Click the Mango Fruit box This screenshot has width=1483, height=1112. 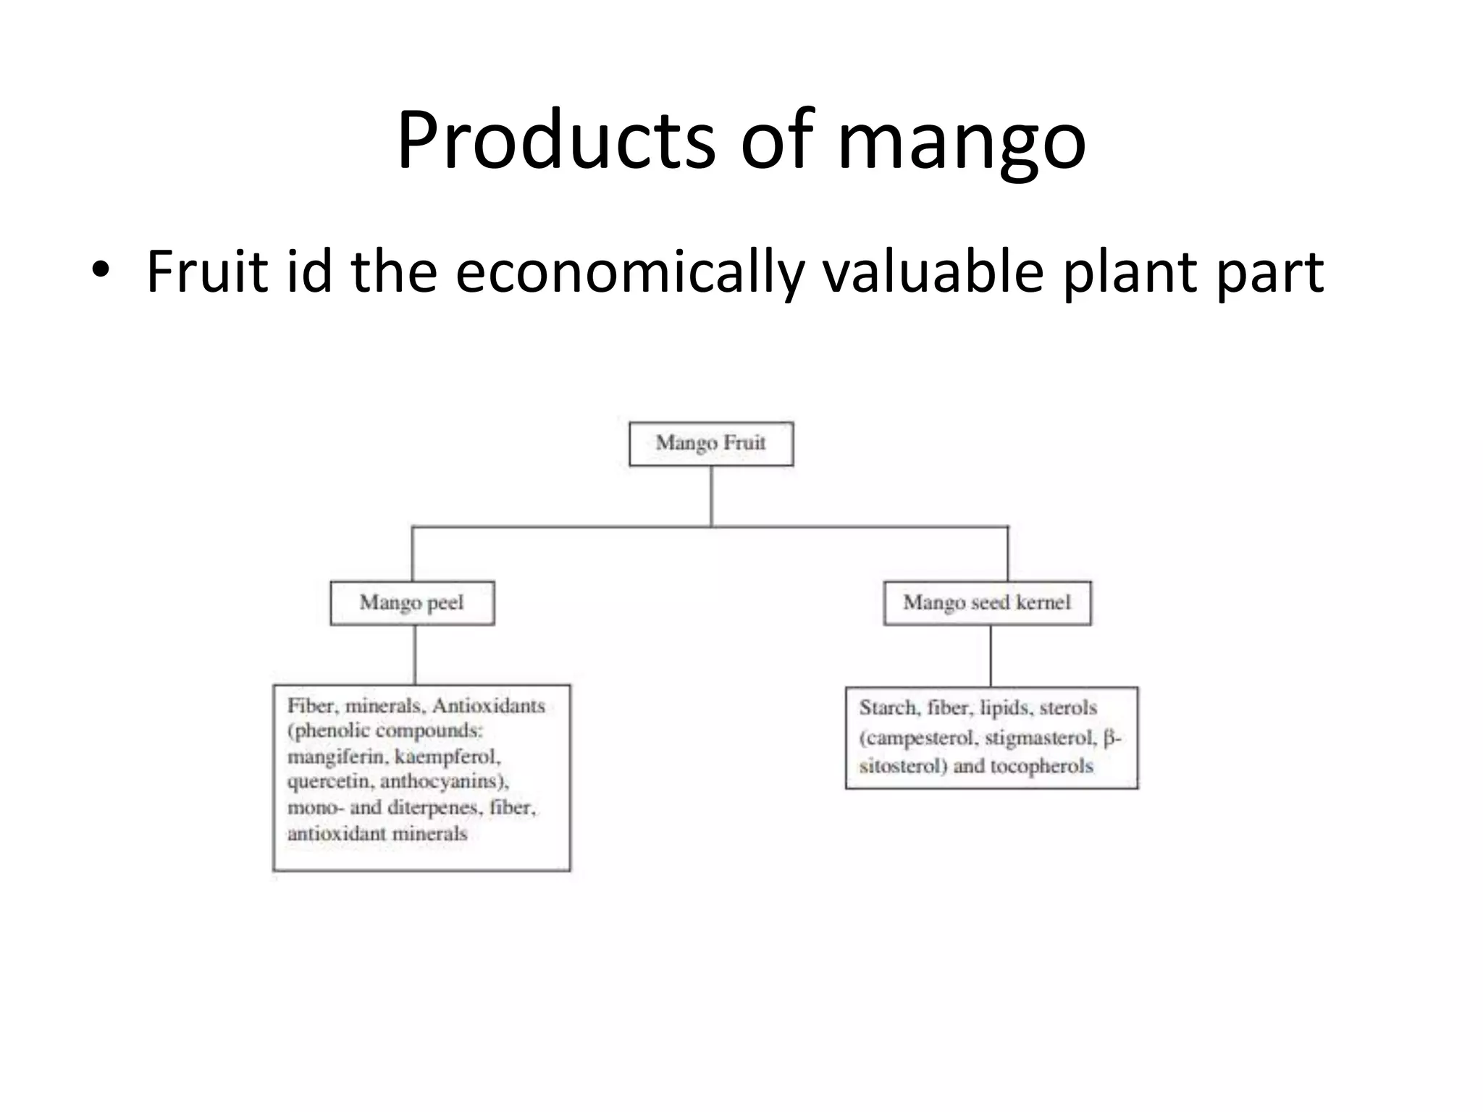tap(710, 443)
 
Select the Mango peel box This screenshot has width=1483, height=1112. tap(411, 602)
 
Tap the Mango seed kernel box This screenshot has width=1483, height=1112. tap(986, 602)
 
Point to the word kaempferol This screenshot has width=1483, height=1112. tap(447, 757)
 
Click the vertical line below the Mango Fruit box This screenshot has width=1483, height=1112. tap(711, 496)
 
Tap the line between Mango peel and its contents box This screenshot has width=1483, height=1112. tap(415, 654)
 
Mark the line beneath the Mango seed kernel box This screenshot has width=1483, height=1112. tap(991, 656)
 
